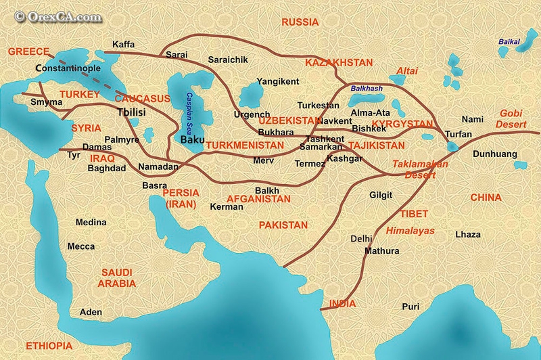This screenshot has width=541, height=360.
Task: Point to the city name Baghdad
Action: click(107, 168)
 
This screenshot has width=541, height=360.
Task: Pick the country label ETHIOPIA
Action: click(49, 346)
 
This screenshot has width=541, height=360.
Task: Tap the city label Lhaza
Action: click(468, 234)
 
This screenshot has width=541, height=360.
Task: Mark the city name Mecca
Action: click(81, 246)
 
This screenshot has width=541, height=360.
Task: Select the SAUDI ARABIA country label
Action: click(117, 277)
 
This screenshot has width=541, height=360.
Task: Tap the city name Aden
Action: click(91, 312)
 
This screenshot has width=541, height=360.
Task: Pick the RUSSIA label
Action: click(300, 22)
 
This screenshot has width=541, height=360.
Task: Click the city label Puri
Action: click(410, 307)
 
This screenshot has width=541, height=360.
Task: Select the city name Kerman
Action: click(227, 206)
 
